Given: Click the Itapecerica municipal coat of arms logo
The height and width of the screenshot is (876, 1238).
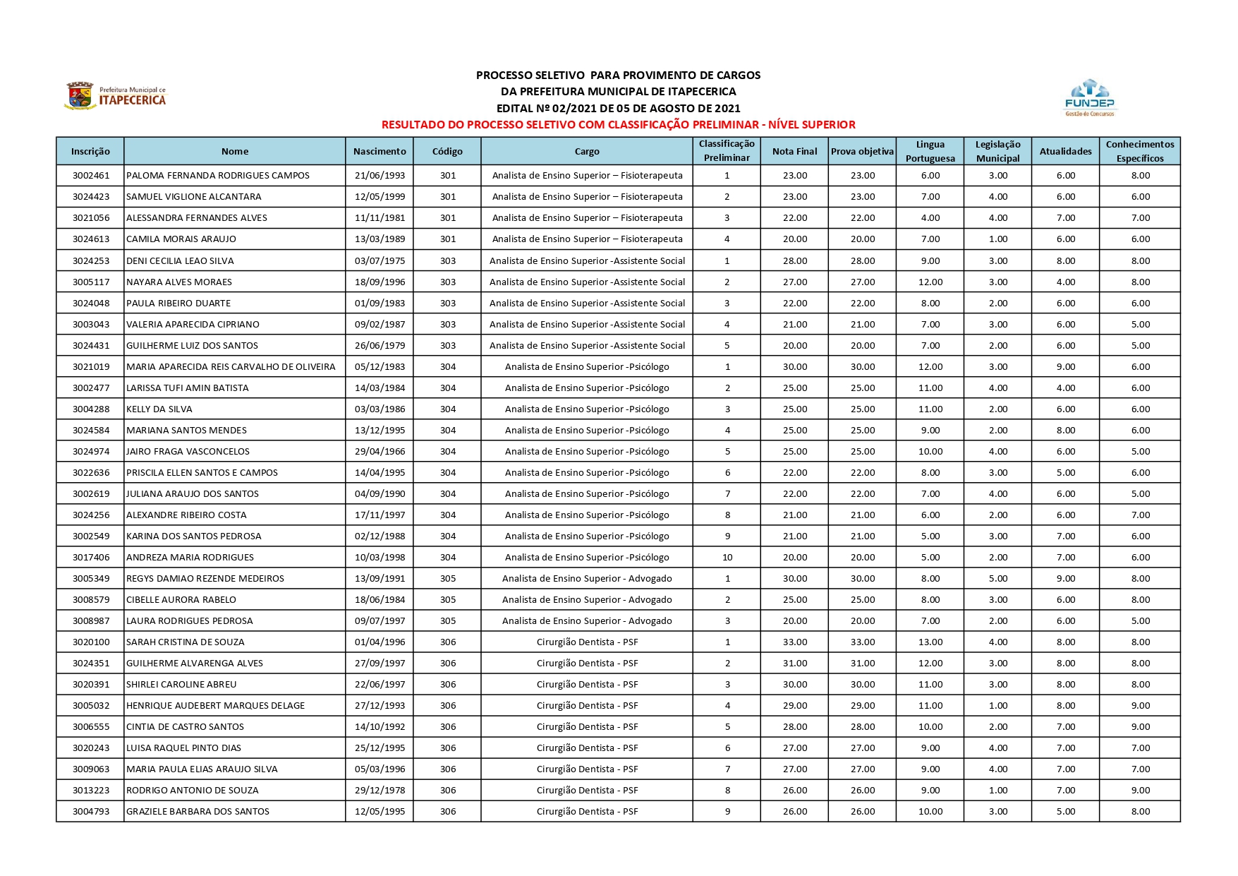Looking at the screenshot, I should tap(80, 95).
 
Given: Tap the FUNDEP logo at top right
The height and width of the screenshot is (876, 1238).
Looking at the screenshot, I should tap(1089, 97).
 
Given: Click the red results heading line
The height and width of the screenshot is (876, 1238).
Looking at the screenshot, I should tap(618, 125).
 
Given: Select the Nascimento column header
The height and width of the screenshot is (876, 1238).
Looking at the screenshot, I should tap(380, 151).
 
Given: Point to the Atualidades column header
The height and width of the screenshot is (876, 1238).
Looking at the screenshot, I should tap(1065, 151).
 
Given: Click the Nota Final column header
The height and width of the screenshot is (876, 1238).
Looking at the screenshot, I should tap(794, 151).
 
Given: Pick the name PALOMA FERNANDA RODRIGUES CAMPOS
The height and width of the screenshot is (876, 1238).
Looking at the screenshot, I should tap(218, 176).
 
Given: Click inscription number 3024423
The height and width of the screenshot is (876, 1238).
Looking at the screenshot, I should tap(91, 197).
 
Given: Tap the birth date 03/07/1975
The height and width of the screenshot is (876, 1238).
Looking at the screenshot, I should tap(380, 260).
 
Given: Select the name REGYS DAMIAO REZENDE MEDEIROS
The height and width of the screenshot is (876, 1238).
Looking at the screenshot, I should tap(205, 579).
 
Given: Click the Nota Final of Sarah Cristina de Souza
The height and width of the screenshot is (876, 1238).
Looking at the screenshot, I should tap(794, 642).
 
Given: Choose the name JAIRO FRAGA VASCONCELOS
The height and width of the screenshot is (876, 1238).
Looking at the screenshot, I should tap(188, 452).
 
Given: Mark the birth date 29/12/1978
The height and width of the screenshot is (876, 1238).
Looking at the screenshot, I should tap(380, 791).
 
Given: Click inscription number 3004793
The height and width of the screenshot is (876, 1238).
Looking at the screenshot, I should tap(91, 812).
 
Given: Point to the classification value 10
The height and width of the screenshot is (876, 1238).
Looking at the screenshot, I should tap(727, 558).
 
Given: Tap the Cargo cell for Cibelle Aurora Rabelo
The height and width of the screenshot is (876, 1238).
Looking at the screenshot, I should tap(587, 600).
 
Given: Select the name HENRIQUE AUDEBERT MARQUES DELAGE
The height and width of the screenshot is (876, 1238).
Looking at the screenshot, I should tap(215, 706).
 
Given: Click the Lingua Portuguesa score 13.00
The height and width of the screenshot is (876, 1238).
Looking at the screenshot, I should tap(930, 642).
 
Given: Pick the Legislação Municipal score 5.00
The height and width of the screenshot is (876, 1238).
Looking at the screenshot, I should tap(997, 579).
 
